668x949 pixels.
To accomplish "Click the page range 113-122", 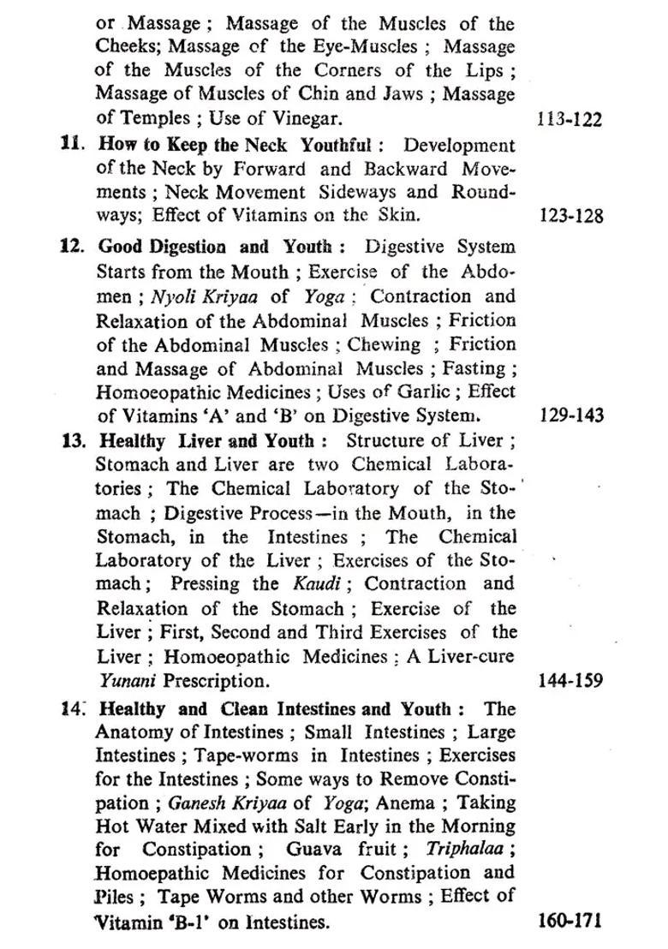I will (x=570, y=119).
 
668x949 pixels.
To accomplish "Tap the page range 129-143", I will (x=571, y=416).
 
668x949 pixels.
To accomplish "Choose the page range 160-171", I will (x=570, y=922).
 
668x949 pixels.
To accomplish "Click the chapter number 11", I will (x=72, y=145).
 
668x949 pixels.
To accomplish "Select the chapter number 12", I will (x=72, y=247).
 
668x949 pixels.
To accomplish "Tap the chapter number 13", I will (x=72, y=442).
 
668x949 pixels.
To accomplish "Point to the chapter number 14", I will (x=72, y=709).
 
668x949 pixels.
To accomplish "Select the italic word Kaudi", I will (x=298, y=584).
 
